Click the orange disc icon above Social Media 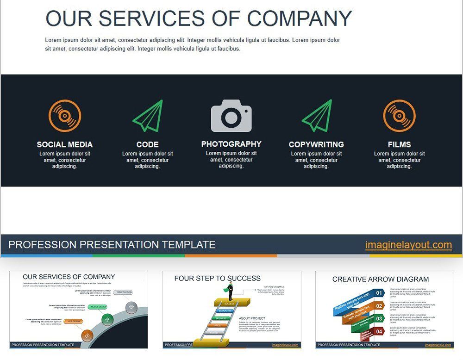[x=65, y=116]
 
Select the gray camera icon [x=231, y=116]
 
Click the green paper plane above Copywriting [x=317, y=116]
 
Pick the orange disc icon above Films [x=399, y=116]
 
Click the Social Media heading [x=65, y=144]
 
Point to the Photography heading [x=231, y=144]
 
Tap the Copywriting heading [x=316, y=144]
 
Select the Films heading [x=399, y=144]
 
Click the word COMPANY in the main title [x=300, y=19]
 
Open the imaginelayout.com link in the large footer [x=408, y=245]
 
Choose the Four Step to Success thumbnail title [x=217, y=278]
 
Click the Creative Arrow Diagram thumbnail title [x=381, y=279]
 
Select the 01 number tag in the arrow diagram [x=379, y=293]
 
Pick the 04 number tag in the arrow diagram [x=379, y=331]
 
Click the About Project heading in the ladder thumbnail [x=253, y=318]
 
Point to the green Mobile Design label [x=98, y=307]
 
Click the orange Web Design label [x=74, y=321]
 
